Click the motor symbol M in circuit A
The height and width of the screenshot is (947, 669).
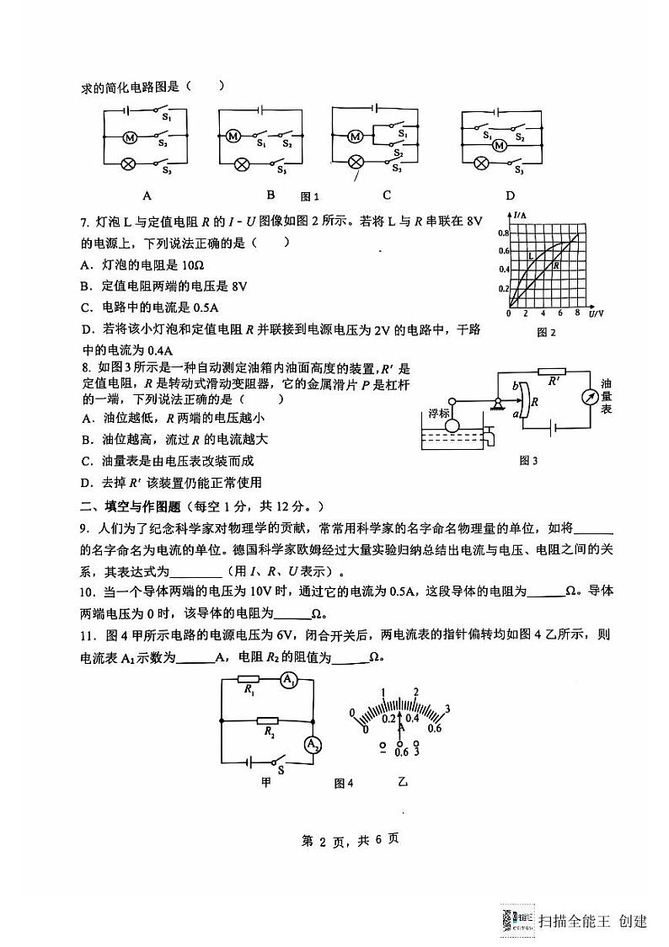130,136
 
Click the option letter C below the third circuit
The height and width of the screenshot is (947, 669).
387,195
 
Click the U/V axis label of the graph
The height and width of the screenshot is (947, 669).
597,313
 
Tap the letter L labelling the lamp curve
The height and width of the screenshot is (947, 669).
530,255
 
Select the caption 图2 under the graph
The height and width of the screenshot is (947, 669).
547,332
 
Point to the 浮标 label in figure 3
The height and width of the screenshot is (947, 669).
439,413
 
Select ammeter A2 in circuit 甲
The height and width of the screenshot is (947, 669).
312,743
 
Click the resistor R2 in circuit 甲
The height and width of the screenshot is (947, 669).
269,721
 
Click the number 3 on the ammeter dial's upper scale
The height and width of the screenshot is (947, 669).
447,708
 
